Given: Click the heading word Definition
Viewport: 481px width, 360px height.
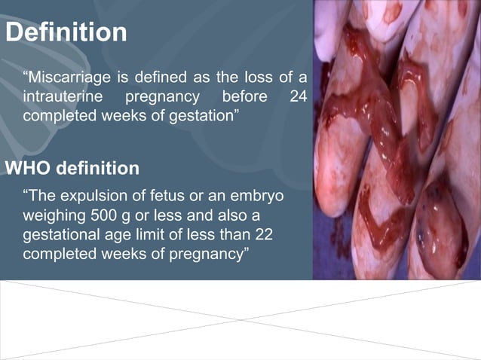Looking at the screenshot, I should coord(66,32).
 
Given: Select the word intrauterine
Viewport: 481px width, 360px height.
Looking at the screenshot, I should coord(60,97).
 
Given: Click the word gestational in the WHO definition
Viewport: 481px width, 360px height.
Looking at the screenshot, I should coord(61,234).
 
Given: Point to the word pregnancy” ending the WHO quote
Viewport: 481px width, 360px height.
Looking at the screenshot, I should coord(205,254).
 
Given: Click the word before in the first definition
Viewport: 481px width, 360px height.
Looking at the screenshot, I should coord(246,97).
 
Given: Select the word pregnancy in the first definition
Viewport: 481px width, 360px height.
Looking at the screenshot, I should coord(162,97).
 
